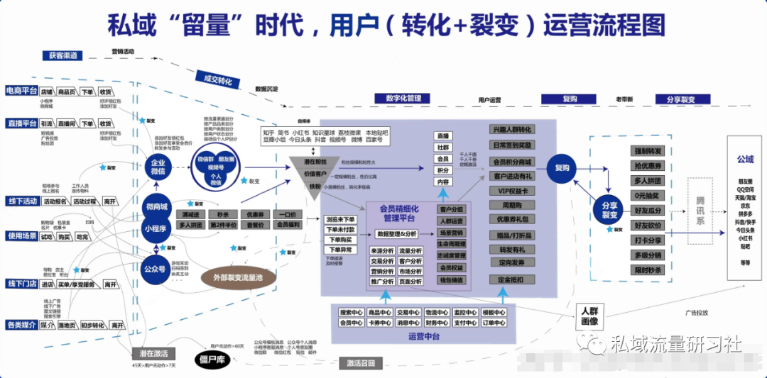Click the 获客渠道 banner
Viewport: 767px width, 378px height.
[61, 56]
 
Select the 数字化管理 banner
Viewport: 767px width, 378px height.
[403, 99]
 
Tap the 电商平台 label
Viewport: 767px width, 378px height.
[21, 91]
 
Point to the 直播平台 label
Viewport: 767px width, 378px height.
[21, 123]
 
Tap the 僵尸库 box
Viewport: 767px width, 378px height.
[211, 360]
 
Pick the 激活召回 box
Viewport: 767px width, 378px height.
[361, 364]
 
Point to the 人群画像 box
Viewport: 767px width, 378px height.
[589, 316]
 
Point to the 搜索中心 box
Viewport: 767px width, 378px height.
[352, 312]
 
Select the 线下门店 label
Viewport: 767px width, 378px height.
[21, 284]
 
